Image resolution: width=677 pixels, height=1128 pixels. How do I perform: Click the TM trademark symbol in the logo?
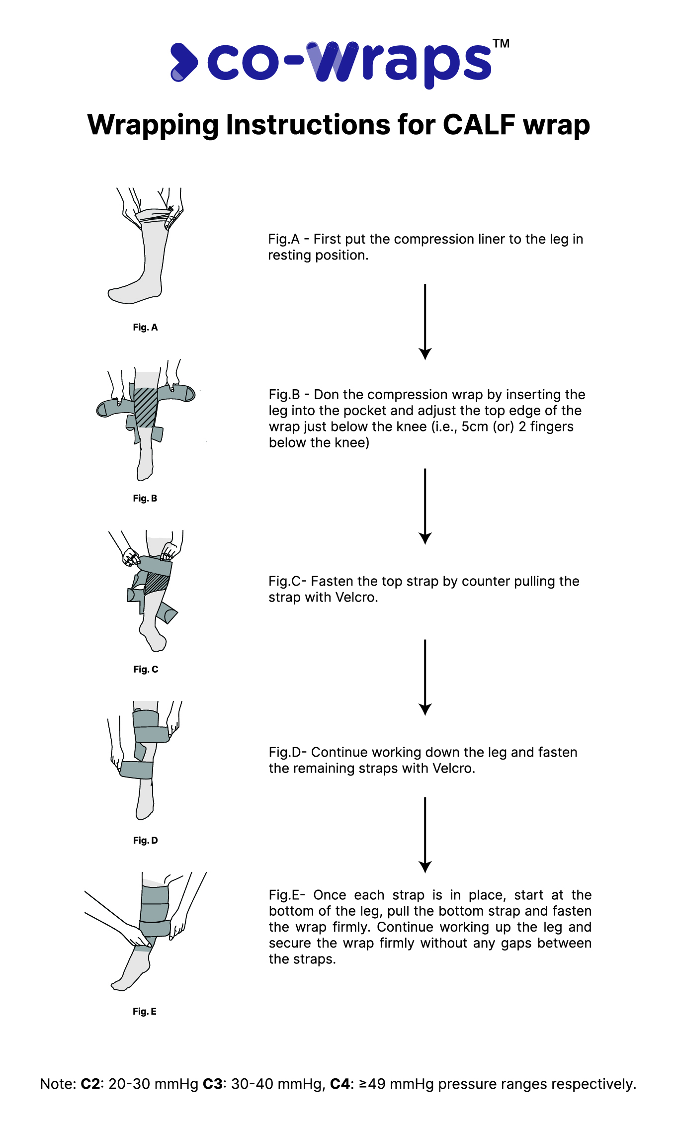coord(501,44)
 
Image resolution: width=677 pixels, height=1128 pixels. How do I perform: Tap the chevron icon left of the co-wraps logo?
coord(183,62)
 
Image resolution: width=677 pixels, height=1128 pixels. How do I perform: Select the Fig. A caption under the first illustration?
coord(145,327)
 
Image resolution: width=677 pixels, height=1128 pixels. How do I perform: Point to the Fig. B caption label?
coord(145,498)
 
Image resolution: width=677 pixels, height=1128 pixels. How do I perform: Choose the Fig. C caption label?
coord(146,669)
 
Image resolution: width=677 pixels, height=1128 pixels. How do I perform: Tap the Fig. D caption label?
coord(146,840)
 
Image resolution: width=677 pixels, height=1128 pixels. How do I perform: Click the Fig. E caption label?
coord(145,1011)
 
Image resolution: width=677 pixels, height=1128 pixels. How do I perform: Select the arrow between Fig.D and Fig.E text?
coord(425,835)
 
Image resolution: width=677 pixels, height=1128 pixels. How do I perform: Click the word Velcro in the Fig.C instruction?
coord(356,597)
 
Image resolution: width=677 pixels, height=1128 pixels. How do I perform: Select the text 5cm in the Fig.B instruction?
coord(475,427)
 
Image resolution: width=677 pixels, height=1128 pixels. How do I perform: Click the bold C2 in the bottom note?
coord(91,1084)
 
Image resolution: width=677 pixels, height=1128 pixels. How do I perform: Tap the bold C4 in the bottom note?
coord(340,1084)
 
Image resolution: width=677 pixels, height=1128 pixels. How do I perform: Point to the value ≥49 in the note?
coord(372,1084)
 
